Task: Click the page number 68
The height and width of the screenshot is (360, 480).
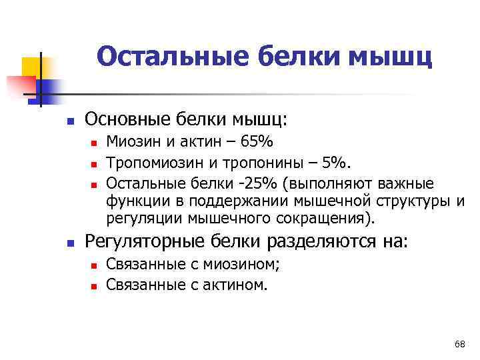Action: coord(459,344)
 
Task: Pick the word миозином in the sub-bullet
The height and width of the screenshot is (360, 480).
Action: coord(245,264)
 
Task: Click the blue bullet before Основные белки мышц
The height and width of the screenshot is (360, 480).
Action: coord(69,121)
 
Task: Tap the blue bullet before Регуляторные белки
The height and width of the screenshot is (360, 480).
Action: coord(69,242)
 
